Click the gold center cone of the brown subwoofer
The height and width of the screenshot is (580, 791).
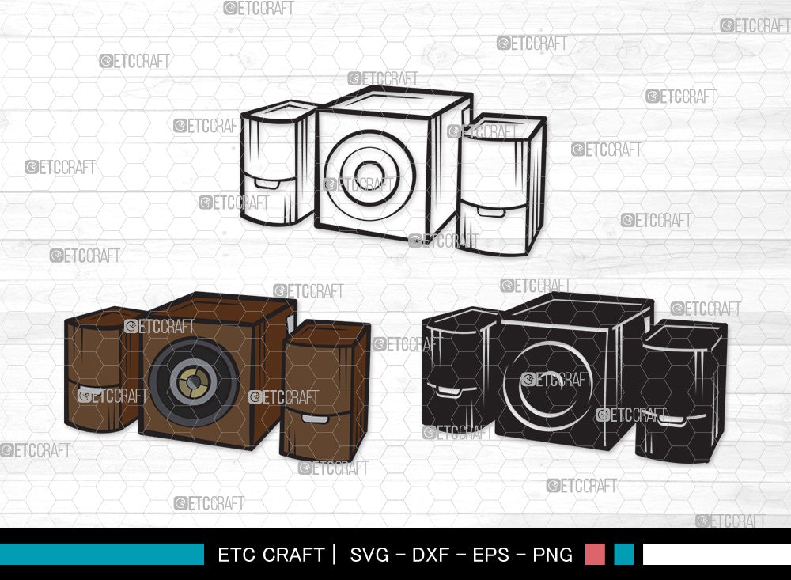[193, 383]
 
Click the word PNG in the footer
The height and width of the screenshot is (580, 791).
[552, 555]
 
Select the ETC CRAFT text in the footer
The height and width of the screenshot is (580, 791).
[271, 555]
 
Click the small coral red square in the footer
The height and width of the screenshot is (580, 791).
[595, 554]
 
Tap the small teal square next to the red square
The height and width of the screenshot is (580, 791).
[624, 554]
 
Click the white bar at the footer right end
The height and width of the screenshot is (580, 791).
[716, 554]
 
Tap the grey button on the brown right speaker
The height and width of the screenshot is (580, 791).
[314, 418]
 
